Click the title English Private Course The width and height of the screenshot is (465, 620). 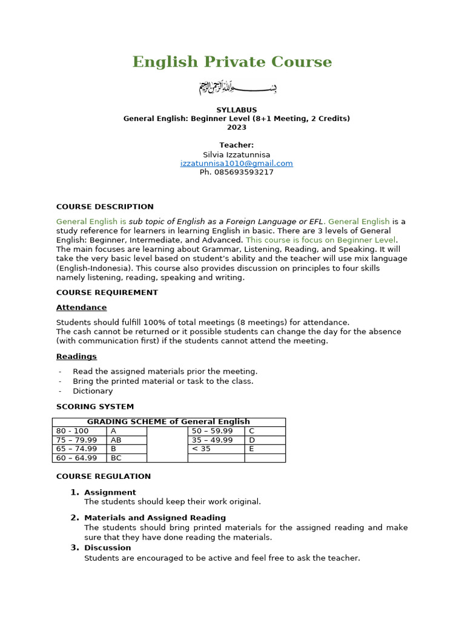pyautogui.click(x=232, y=62)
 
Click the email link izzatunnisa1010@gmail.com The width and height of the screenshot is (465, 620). pyautogui.click(x=236, y=163)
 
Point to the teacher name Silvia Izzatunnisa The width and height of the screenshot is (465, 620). pyautogui.click(x=236, y=154)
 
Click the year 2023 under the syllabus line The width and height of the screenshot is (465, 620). pyautogui.click(x=237, y=127)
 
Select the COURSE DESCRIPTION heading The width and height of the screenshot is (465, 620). pyautogui.click(x=105, y=206)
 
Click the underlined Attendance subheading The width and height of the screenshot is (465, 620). pyautogui.click(x=81, y=308)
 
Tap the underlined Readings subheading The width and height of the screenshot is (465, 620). pyautogui.click(x=76, y=357)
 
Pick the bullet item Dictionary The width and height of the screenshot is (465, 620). pyautogui.click(x=93, y=391)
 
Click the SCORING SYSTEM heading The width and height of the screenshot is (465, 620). pyautogui.click(x=95, y=406)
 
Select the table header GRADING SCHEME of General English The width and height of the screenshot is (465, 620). pyautogui.click(x=168, y=421)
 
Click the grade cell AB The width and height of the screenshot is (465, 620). pyautogui.click(x=116, y=440)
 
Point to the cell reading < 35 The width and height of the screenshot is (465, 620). pyautogui.click(x=202, y=449)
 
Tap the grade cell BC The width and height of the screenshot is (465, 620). pyautogui.click(x=116, y=458)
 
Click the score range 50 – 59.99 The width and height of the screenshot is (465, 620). pyautogui.click(x=213, y=430)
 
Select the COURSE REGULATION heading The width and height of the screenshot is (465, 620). pyautogui.click(x=104, y=477)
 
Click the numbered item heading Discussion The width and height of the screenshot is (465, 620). pyautogui.click(x=107, y=548)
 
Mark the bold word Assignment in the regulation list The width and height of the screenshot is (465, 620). pyautogui.click(x=110, y=492)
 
